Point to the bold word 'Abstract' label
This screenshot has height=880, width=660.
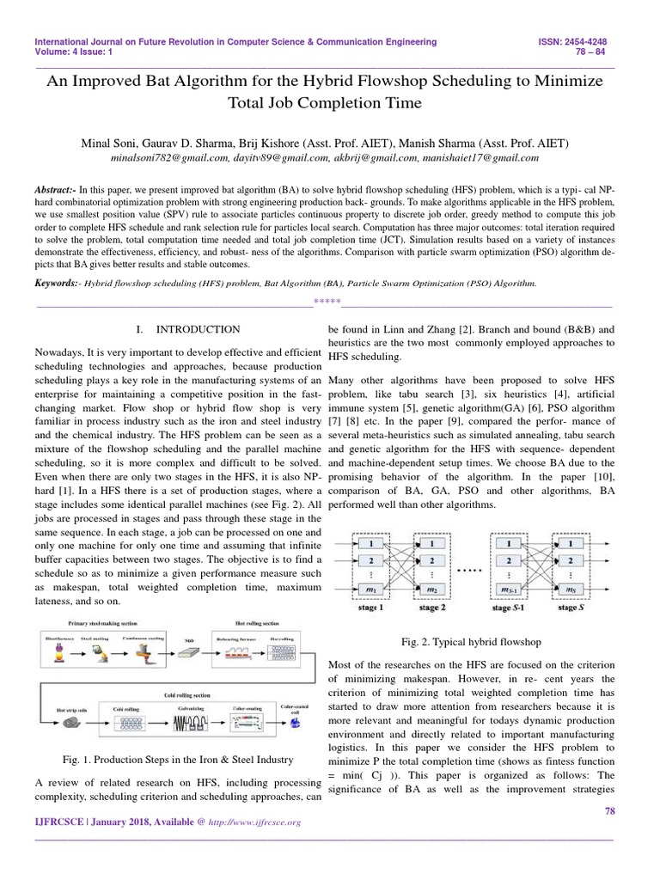(56, 188)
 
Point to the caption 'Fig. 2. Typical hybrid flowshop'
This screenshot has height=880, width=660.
(472, 641)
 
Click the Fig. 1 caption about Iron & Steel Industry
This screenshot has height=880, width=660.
(178, 760)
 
